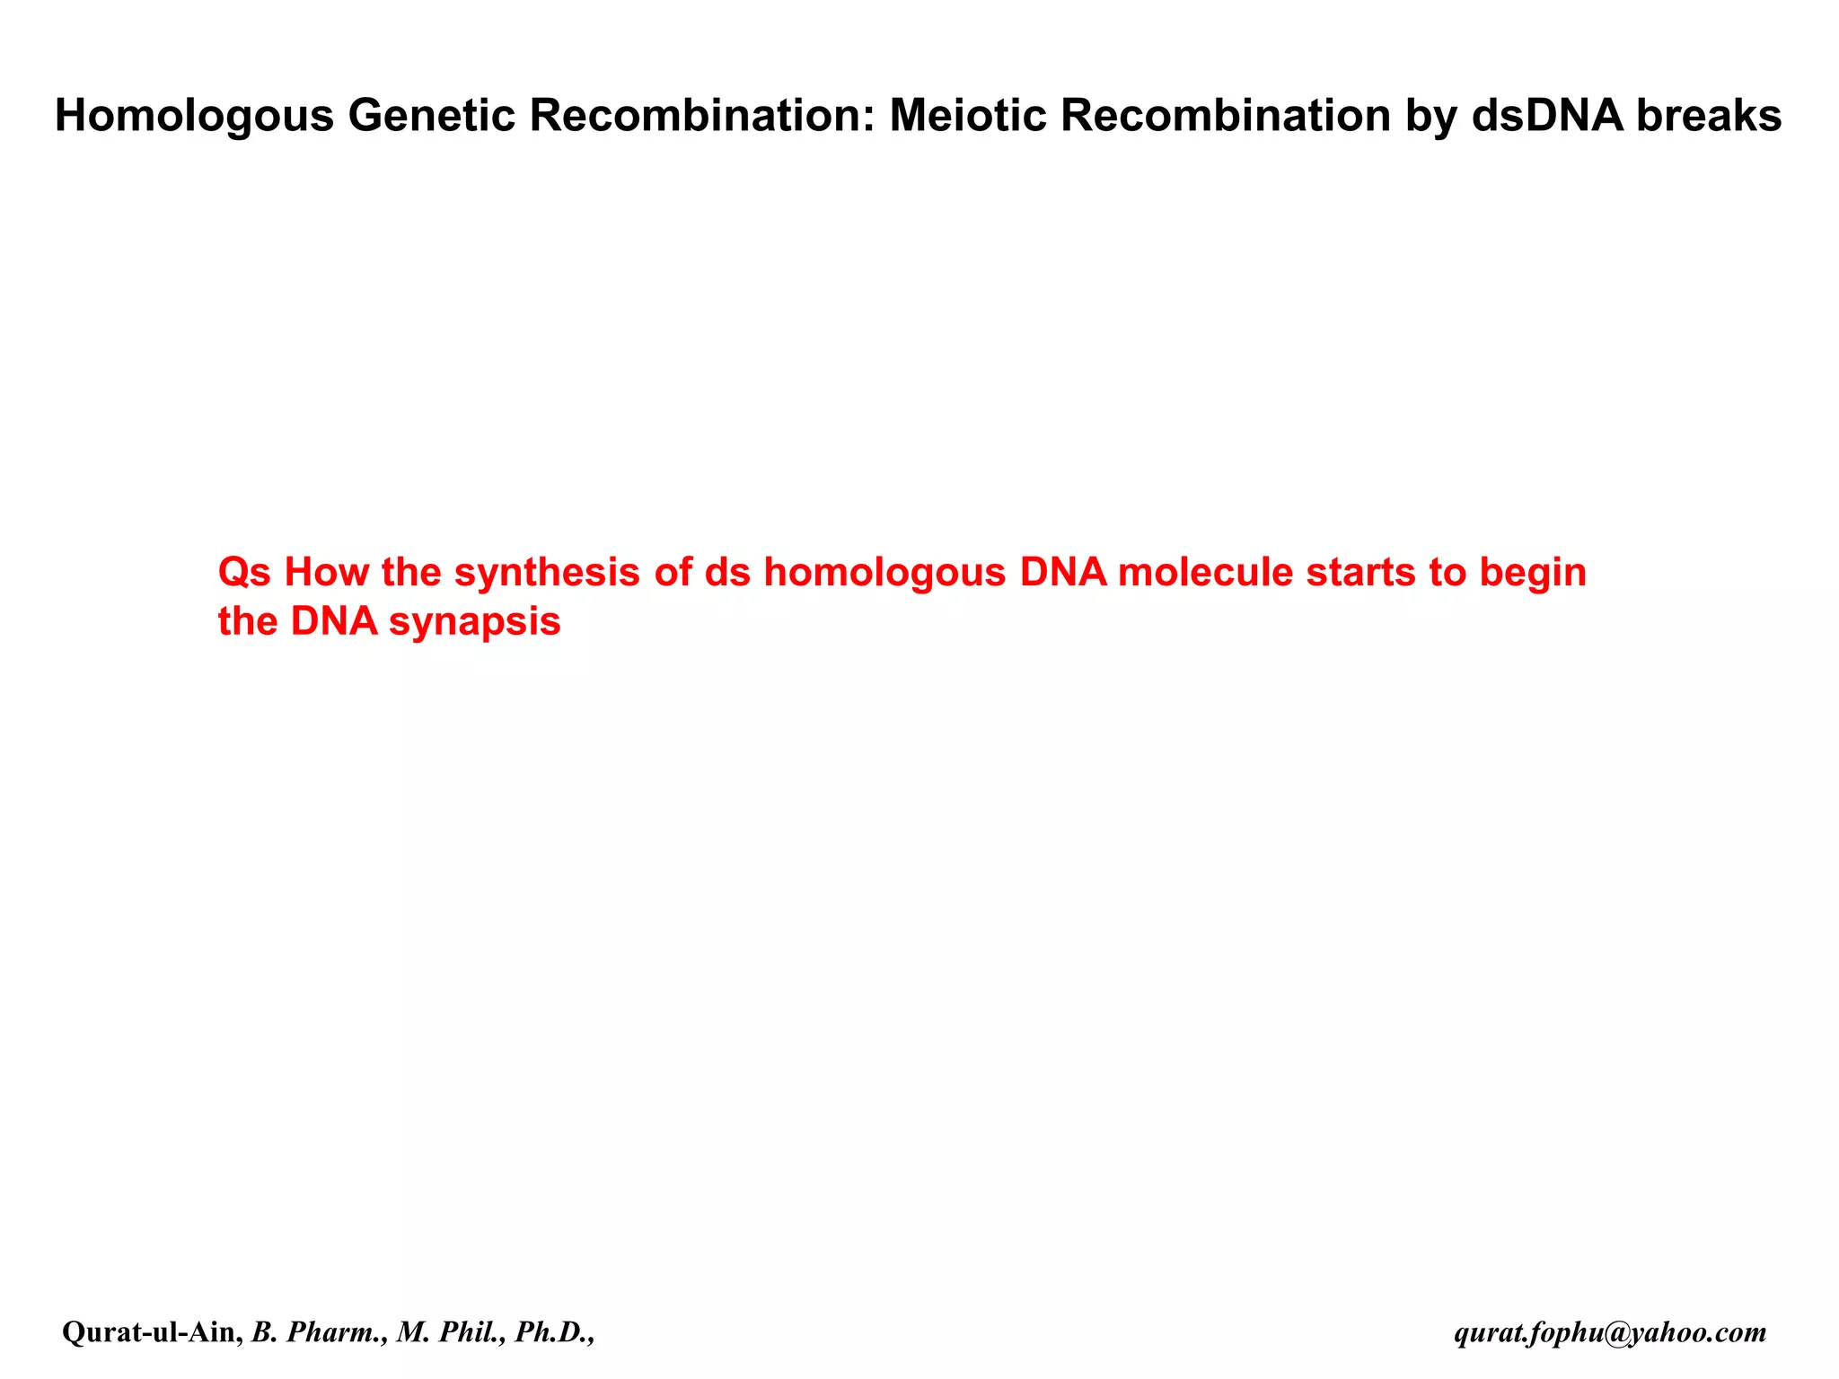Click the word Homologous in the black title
(194, 116)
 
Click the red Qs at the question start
(244, 573)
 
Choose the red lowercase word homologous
(884, 573)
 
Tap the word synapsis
(475, 622)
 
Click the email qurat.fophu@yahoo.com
(1610, 1332)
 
